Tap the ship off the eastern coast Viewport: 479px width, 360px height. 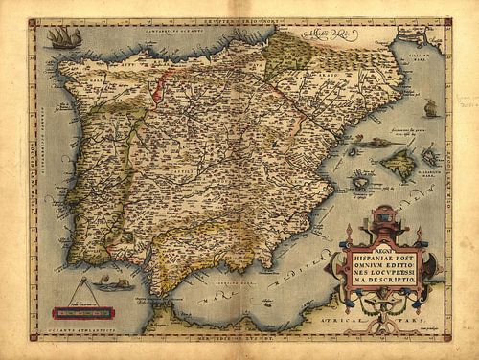pos(429,107)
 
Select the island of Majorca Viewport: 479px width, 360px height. pos(396,165)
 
